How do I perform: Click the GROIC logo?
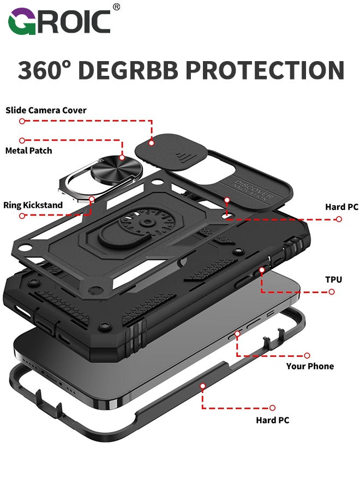[x=59, y=22]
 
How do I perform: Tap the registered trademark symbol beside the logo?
[x=117, y=7]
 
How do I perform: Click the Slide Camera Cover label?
[x=46, y=110]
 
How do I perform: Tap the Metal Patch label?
[x=28, y=150]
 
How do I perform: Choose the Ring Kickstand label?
[x=33, y=205]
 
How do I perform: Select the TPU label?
[x=333, y=279]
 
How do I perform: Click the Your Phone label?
[x=310, y=366]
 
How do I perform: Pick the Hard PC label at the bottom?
[x=273, y=420]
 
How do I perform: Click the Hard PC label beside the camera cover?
[x=341, y=207]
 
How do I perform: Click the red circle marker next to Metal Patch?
[x=22, y=140]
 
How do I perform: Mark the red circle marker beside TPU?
[x=332, y=292]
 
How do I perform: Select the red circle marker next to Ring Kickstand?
[x=22, y=216]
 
